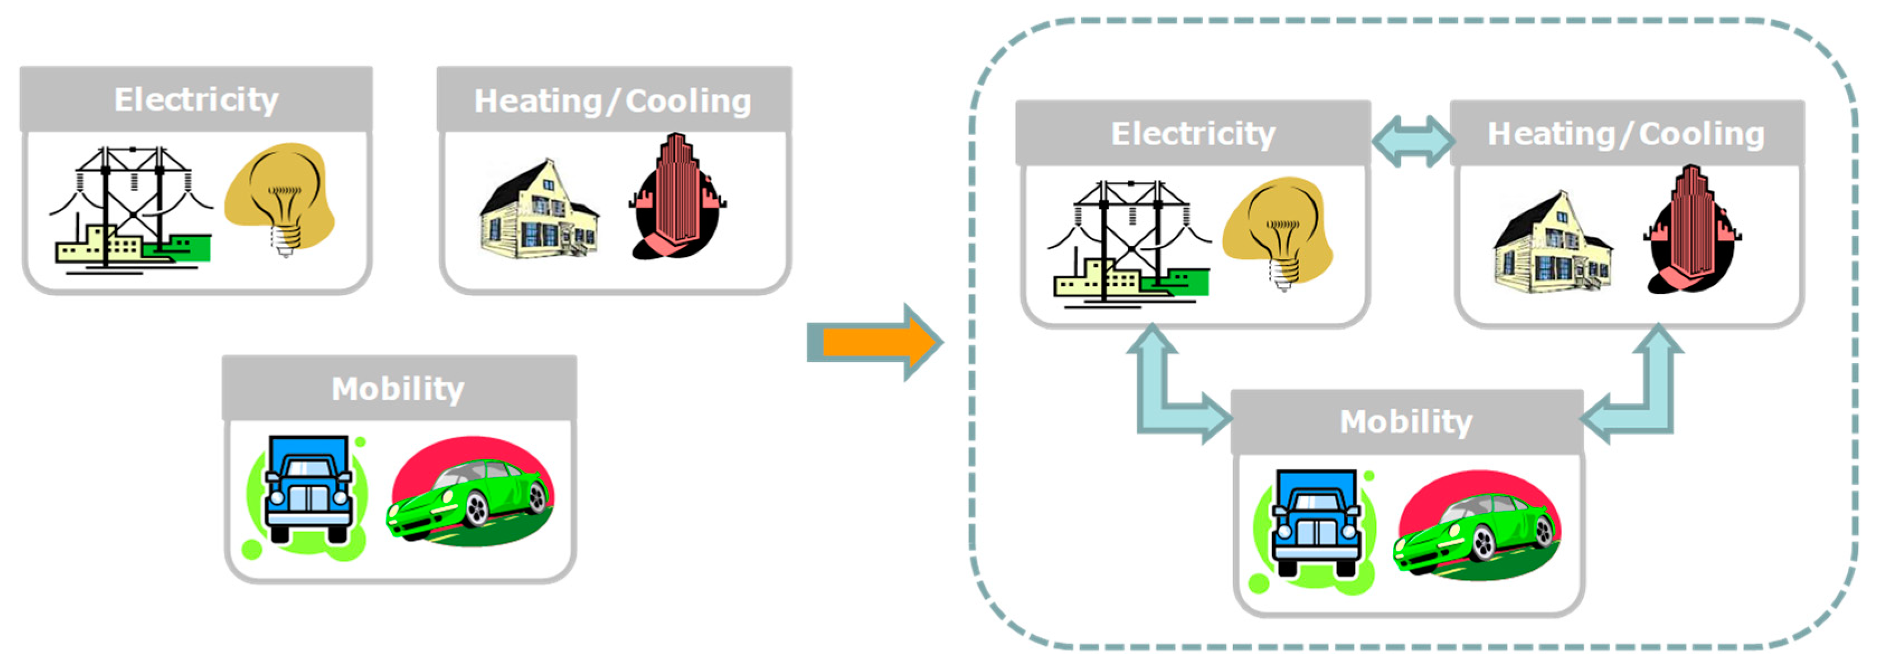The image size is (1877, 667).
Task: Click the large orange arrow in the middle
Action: point(874,342)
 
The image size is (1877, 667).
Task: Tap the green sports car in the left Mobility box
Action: point(470,495)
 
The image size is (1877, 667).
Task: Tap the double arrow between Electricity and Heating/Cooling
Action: point(1411,141)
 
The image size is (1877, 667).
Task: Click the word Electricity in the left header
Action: point(196,100)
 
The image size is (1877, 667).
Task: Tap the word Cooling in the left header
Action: point(688,101)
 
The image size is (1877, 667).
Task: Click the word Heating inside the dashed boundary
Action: point(1551,134)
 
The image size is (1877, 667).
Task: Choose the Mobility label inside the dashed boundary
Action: point(1406,422)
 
